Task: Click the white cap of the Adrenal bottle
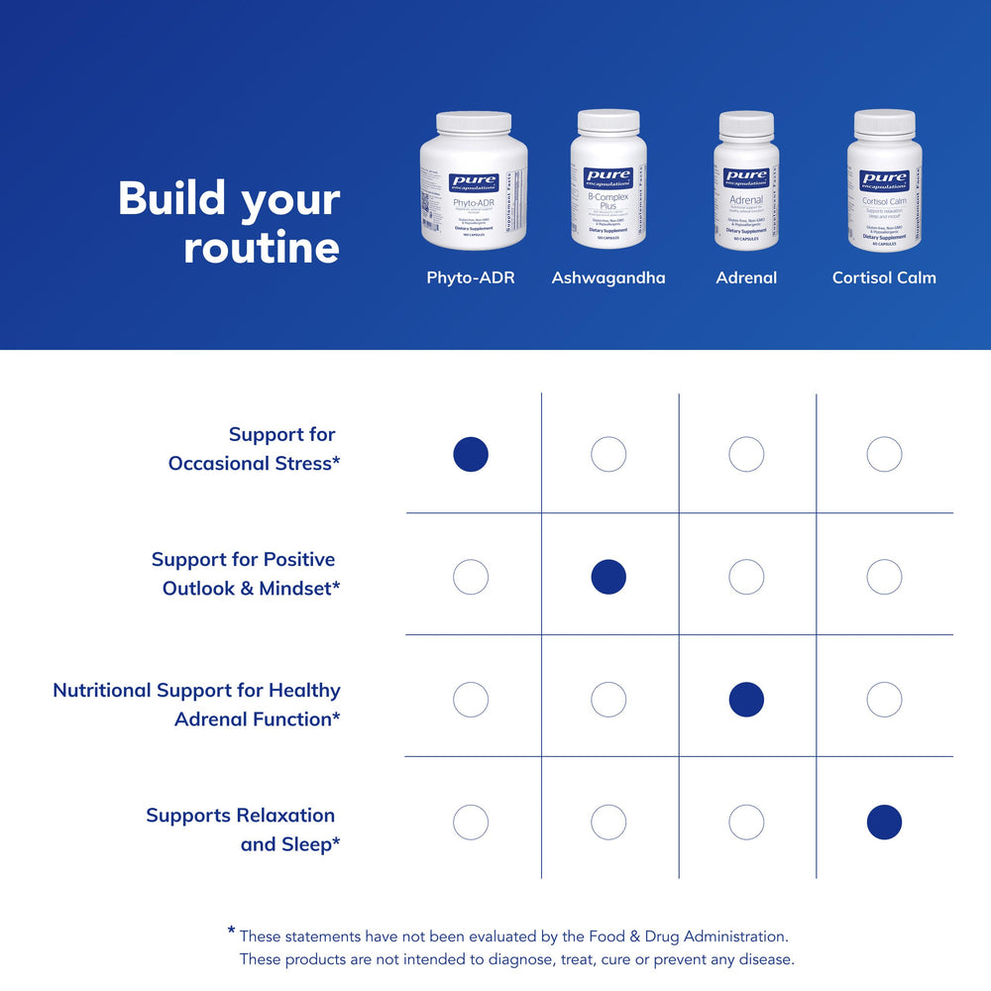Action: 746,125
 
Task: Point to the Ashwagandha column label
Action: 608,277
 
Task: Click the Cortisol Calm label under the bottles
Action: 884,277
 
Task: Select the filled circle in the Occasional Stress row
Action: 471,455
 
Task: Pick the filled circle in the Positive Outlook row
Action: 608,577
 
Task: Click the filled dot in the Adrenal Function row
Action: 746,700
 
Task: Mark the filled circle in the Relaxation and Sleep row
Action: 884,822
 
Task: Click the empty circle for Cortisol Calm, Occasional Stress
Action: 884,455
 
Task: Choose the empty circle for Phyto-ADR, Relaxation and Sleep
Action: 471,822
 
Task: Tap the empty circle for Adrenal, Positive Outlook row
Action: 746,577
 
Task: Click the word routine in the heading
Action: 262,248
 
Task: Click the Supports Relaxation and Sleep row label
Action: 243,829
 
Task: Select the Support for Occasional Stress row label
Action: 255,449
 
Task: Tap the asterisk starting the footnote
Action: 231,931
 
